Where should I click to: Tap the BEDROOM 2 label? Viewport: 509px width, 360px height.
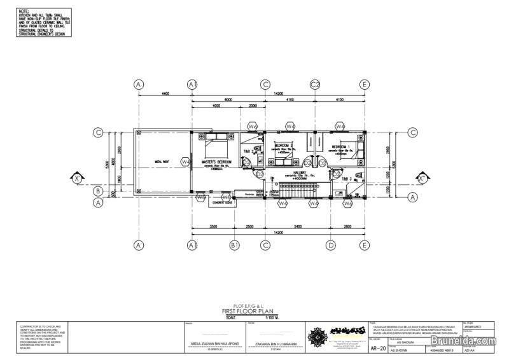pos(283,146)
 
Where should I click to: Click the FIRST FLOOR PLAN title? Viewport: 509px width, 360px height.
pos(245,311)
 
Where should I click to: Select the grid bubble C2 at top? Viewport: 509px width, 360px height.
pos(314,85)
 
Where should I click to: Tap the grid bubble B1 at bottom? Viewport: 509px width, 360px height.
pos(234,245)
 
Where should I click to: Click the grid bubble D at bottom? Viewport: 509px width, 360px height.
pos(331,245)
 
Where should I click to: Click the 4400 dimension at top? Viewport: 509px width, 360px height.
pos(165,94)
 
